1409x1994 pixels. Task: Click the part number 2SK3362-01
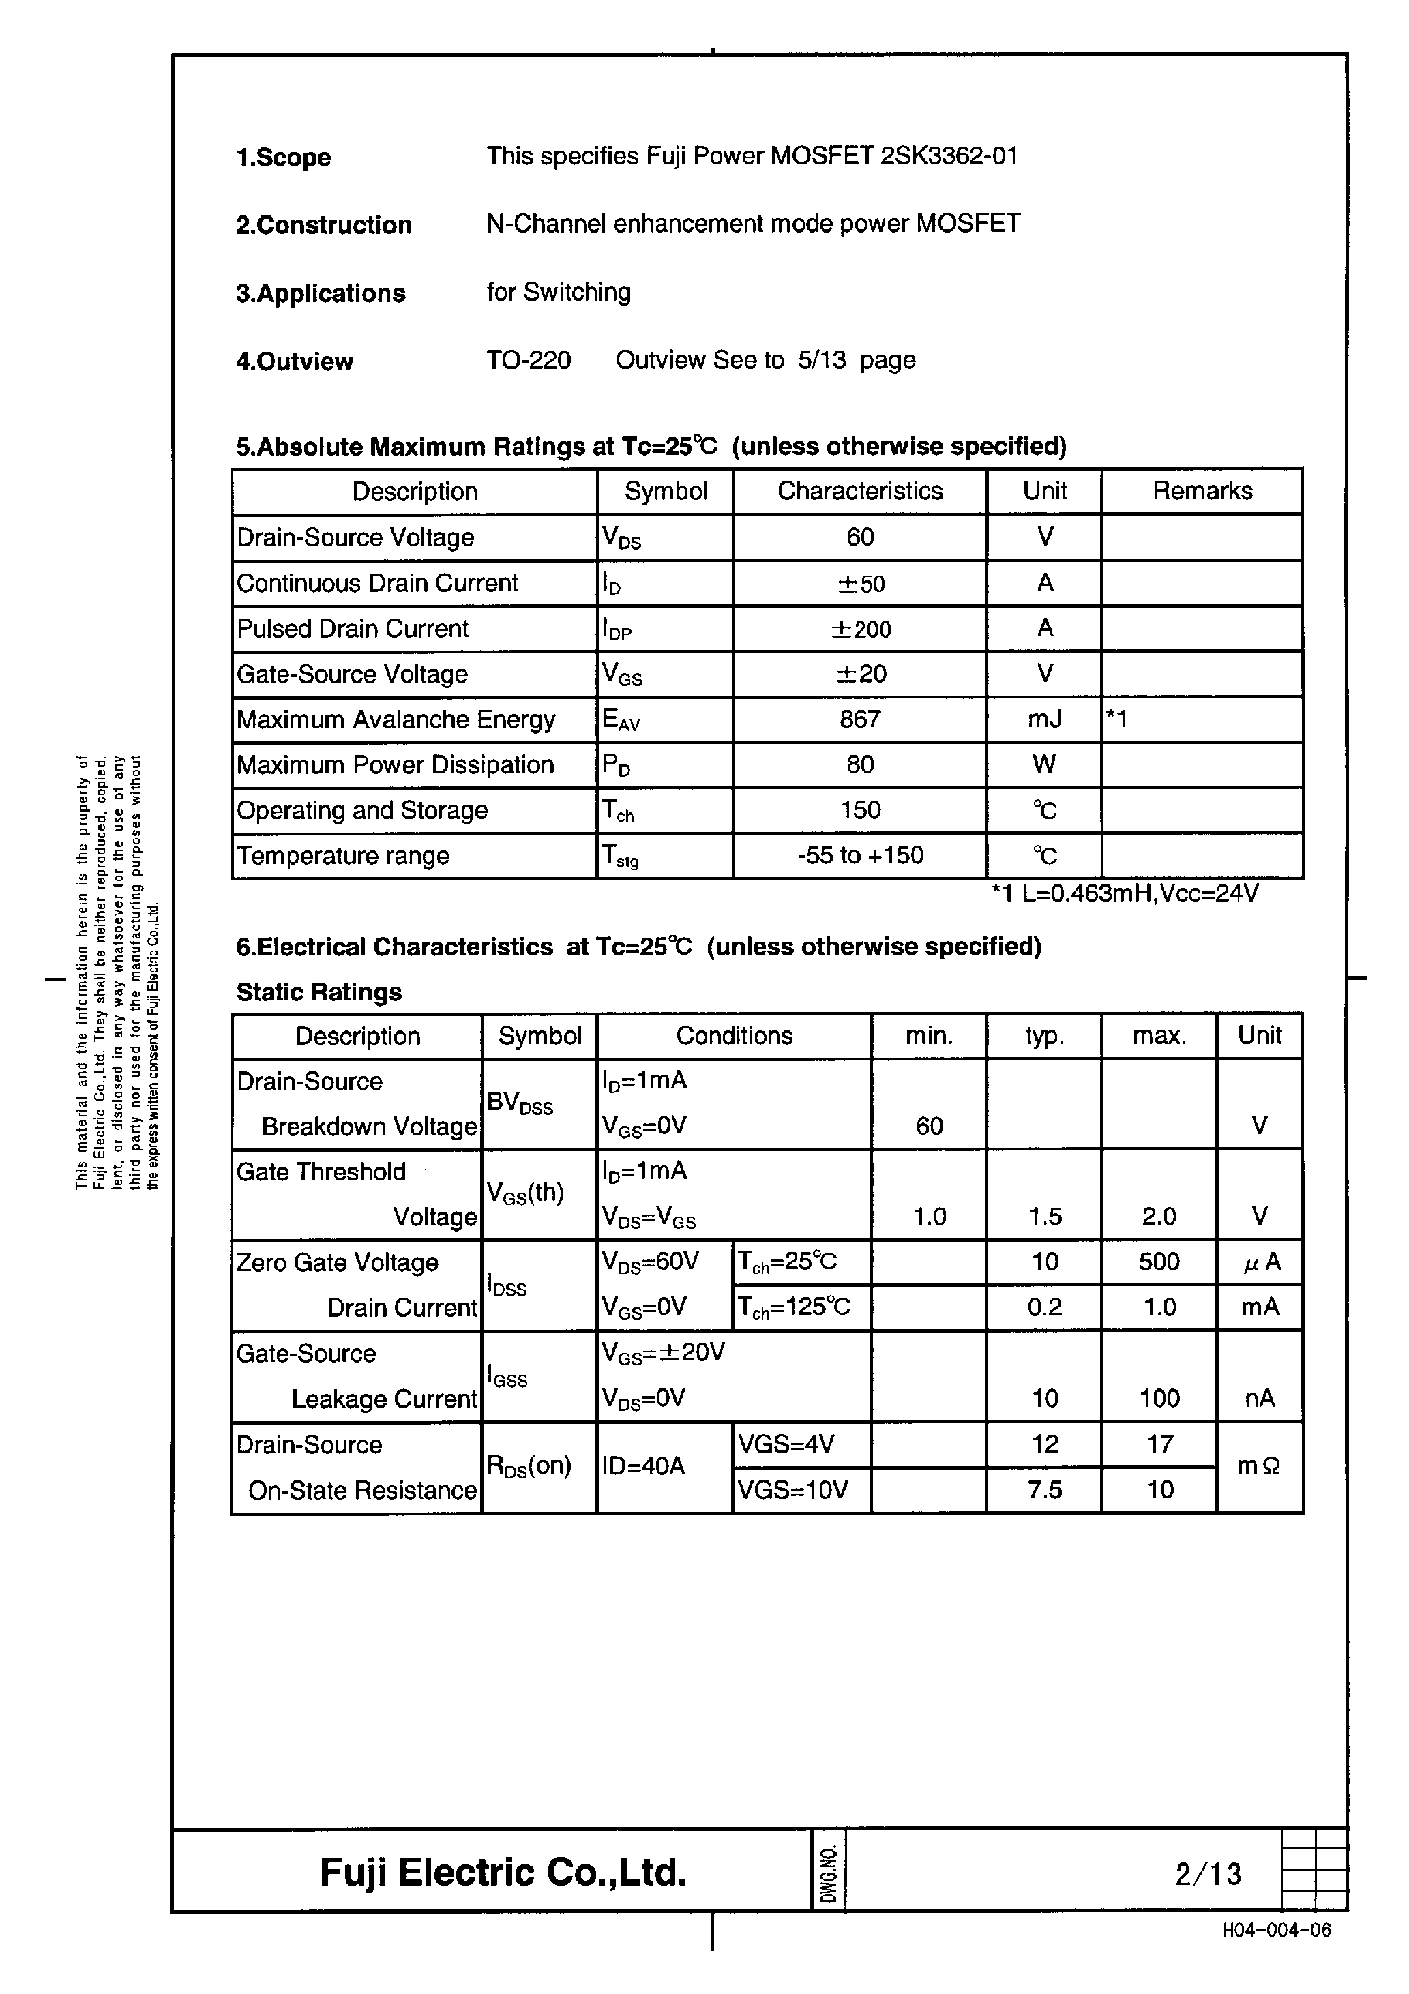click(949, 156)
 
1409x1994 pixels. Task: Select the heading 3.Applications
click(321, 293)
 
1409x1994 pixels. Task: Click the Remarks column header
click(1202, 492)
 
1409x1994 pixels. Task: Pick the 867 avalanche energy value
click(860, 719)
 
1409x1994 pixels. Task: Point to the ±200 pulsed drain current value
click(860, 629)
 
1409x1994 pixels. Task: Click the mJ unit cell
click(1044, 719)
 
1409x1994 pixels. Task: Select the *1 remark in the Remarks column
click(1117, 719)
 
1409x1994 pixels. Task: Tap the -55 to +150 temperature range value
click(860, 855)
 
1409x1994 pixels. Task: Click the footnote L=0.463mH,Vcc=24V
click(1125, 893)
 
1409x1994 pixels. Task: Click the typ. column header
click(1044, 1036)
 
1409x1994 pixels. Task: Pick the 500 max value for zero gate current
click(1159, 1262)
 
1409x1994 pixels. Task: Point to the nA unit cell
click(1259, 1398)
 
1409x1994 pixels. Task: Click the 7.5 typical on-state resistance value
click(1044, 1490)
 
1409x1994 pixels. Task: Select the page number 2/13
click(1207, 1874)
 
